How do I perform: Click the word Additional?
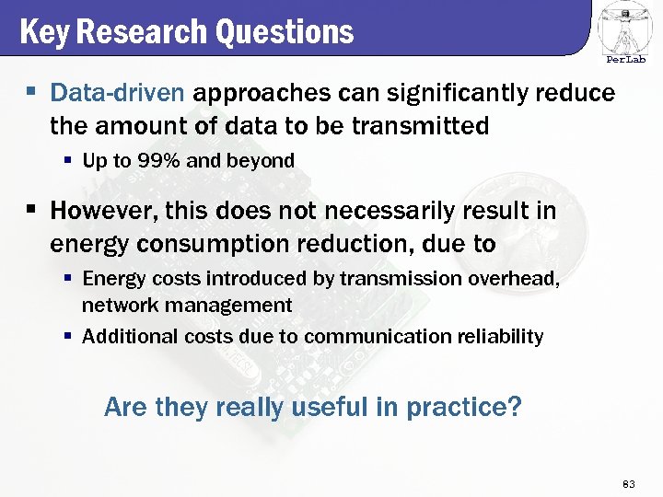(x=121, y=337)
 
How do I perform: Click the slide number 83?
(x=630, y=483)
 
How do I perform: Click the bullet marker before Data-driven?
(x=31, y=93)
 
